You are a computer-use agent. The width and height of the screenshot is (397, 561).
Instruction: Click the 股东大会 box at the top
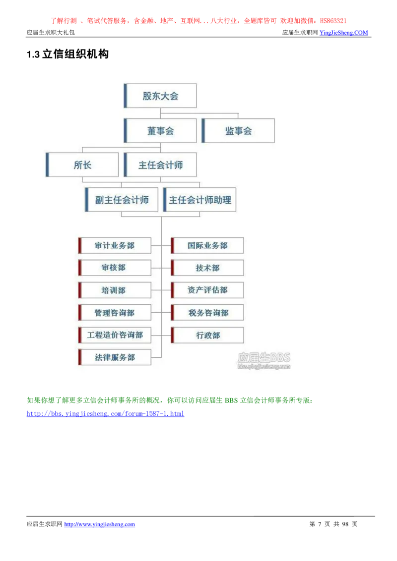(160, 96)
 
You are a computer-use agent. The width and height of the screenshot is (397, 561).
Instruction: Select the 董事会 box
(160, 131)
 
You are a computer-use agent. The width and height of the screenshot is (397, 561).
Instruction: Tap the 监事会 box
(238, 131)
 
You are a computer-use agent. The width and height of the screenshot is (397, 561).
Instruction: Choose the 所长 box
(82, 165)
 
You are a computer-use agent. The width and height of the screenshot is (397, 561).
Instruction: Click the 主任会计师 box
(160, 165)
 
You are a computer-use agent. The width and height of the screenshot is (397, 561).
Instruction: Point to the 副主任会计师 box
(122, 200)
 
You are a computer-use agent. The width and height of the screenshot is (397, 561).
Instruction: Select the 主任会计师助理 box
(199, 200)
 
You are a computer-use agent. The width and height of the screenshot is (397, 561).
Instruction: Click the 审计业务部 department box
(115, 245)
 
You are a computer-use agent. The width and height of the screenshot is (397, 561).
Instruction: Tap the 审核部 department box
(115, 268)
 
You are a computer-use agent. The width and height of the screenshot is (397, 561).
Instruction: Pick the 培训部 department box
(115, 290)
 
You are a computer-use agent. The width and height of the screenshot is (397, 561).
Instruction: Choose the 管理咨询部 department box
(115, 313)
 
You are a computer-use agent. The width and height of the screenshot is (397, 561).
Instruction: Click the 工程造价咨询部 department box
(115, 335)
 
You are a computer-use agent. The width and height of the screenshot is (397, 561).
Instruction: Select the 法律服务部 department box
(115, 357)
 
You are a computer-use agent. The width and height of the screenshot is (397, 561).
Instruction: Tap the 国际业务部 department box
(207, 245)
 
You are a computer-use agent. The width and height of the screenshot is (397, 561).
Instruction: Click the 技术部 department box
(207, 268)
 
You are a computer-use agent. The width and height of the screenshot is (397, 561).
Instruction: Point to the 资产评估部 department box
(207, 290)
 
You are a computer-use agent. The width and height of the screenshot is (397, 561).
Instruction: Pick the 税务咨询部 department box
(207, 313)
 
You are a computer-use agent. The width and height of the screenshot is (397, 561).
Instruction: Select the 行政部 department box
(207, 335)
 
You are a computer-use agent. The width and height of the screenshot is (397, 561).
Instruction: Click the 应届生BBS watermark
(264, 360)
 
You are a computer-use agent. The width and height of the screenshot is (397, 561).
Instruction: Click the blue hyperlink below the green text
(105, 413)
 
